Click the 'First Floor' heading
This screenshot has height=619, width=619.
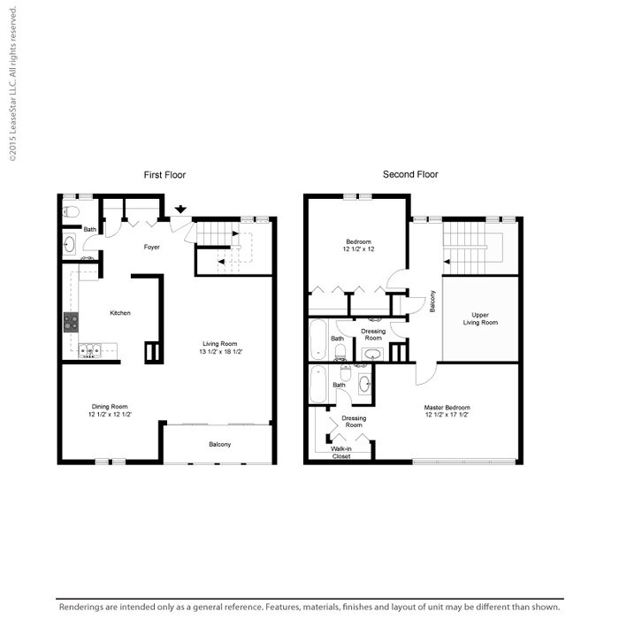(x=164, y=175)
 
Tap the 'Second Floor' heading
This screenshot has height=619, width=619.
(x=409, y=175)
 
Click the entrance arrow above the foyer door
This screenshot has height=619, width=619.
(x=180, y=210)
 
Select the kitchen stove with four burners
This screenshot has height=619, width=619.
(x=70, y=323)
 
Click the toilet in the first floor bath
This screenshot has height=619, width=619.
(x=71, y=212)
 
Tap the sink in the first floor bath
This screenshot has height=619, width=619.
(x=70, y=244)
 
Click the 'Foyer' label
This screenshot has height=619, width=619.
(x=152, y=248)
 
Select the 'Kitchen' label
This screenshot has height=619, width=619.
(x=120, y=313)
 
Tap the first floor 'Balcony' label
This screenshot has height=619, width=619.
(x=219, y=444)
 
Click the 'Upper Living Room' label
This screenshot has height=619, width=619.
(x=480, y=318)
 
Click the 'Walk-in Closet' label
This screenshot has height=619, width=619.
(x=340, y=452)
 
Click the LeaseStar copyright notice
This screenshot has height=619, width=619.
(x=12, y=85)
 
